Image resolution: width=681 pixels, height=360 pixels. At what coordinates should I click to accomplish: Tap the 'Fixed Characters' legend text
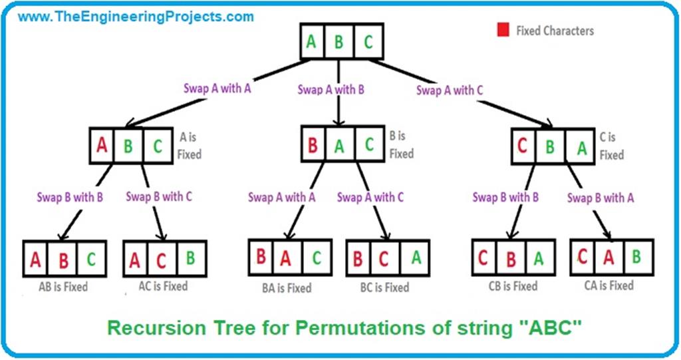coord(555,31)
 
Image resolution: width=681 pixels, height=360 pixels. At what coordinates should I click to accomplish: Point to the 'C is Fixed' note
coord(611,146)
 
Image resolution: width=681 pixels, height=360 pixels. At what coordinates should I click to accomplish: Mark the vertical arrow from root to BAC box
coord(340,93)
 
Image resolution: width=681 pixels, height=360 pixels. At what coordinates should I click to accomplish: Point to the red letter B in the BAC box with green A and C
coord(313,146)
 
